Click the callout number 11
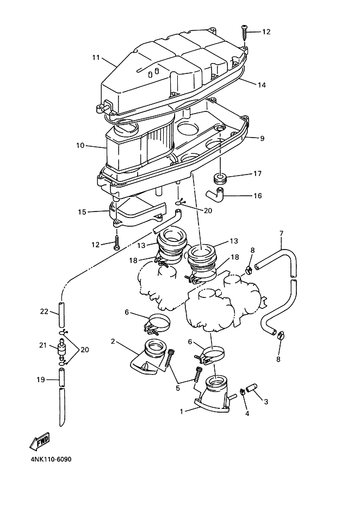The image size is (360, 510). pos(96,58)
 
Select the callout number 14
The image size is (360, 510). pos(262,85)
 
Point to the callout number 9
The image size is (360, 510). pos(262,139)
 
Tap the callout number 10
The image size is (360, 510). pos(80,146)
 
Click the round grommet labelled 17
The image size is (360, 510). pos(220,178)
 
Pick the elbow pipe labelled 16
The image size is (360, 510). pos(214,194)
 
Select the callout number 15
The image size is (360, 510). pos(82,212)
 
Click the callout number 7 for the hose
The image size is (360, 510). pos(281,234)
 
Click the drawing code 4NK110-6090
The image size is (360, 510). pos(47,459)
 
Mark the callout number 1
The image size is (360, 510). pos(181,412)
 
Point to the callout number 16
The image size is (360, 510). pos(258,195)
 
